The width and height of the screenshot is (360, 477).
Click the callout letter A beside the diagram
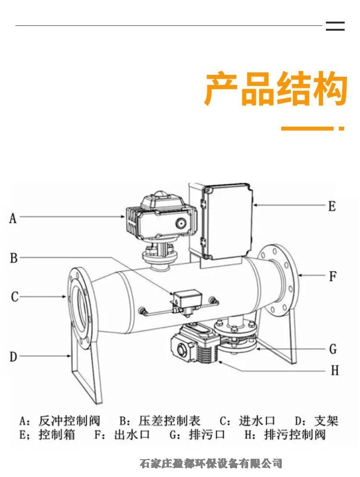(x=13, y=218)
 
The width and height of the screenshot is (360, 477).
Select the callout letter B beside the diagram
(x=14, y=258)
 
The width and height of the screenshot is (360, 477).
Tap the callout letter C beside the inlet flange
(x=14, y=297)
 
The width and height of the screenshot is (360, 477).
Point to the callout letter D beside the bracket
(x=13, y=357)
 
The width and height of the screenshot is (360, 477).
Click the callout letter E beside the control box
(x=332, y=206)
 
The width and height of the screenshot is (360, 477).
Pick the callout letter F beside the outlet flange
(x=333, y=276)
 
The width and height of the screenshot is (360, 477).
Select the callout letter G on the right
(x=333, y=349)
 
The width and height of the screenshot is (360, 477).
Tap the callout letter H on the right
(x=335, y=370)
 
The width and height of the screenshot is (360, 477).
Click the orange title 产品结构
(x=276, y=89)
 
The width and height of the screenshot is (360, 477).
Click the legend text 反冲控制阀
(x=69, y=421)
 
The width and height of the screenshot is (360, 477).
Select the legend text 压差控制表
(x=169, y=421)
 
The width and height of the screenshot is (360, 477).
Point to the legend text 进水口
(x=257, y=421)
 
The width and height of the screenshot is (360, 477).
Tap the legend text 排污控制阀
(x=295, y=435)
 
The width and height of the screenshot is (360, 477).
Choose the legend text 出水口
(x=132, y=435)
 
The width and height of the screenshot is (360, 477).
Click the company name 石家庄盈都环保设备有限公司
(x=211, y=463)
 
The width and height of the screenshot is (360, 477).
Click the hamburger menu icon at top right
(x=335, y=26)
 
